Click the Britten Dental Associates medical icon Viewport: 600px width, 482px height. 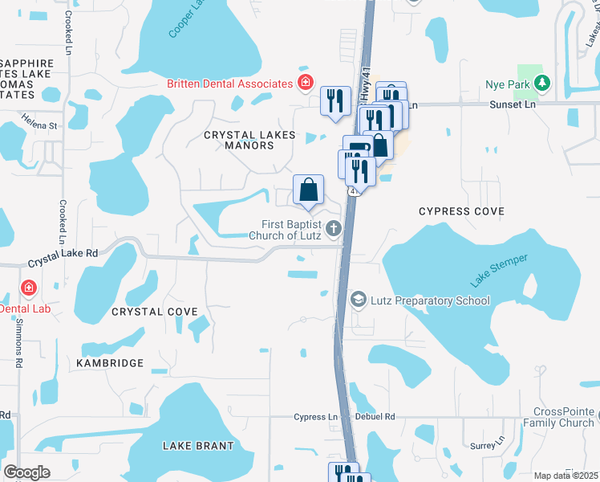point(305,83)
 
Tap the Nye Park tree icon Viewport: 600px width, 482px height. point(543,83)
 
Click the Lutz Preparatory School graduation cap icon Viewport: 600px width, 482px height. point(358,300)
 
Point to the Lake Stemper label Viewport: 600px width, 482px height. point(499,270)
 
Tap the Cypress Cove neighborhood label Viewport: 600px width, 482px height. point(462,211)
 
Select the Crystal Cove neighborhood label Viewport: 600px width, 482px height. point(155,311)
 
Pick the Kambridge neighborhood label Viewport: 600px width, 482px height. point(110,363)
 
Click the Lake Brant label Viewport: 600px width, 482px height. point(198,446)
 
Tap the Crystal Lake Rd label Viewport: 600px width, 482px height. point(63,257)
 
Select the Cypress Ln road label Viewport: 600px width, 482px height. point(315,417)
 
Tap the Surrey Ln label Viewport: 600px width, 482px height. point(484,443)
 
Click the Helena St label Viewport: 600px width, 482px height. point(40,125)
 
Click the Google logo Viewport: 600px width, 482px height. point(26,472)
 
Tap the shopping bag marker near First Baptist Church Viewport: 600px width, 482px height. point(308,191)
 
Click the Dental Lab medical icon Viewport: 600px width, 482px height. point(29,288)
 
